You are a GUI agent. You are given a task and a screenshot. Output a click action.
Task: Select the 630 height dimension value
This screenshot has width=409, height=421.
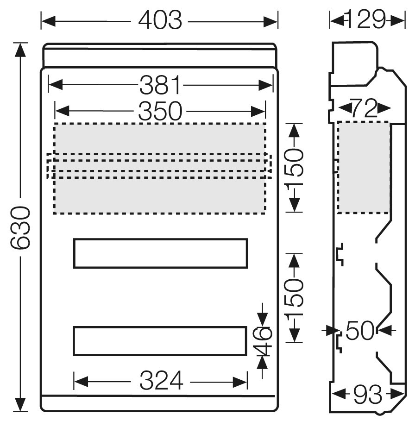[x=19, y=228]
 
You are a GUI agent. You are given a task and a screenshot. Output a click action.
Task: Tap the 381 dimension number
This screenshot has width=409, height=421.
[x=160, y=85]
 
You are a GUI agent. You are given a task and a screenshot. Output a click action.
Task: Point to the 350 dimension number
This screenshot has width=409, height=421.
[x=160, y=111]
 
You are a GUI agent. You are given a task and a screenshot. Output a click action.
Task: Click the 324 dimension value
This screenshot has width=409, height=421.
[x=161, y=380]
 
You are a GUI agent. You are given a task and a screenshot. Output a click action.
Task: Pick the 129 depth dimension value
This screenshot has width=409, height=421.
[x=366, y=19]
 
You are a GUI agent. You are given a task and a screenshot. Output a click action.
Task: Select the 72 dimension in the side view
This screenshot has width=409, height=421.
[x=364, y=109]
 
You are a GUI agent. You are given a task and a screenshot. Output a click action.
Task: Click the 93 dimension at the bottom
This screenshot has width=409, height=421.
[x=367, y=395]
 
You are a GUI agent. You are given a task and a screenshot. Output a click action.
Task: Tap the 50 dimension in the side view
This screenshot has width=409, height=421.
[x=360, y=330]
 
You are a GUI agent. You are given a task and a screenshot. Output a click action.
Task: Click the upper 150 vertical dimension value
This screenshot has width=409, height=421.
[x=295, y=168]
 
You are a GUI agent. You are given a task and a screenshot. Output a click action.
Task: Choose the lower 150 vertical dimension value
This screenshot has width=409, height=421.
[x=295, y=297]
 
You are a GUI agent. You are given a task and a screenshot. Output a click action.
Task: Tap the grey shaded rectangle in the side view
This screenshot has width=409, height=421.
[x=364, y=167]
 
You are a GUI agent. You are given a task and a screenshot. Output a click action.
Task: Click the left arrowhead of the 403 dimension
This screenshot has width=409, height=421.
[x=48, y=21]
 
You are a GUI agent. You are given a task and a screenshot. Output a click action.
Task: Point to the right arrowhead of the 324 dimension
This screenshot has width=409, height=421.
[x=240, y=382]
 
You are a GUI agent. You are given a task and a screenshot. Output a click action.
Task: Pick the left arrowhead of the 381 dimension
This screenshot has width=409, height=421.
[x=56, y=85]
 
